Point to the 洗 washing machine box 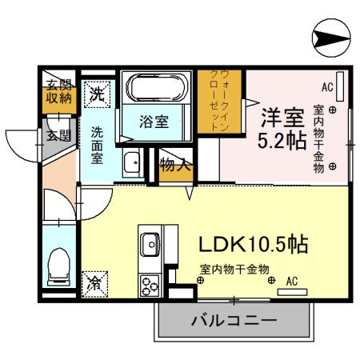click(97, 94)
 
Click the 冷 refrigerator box click(94, 282)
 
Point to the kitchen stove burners click(150, 284)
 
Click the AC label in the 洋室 click(326, 86)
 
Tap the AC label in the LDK click(291, 281)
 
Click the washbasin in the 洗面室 click(132, 164)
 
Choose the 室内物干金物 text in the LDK click(234, 270)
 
